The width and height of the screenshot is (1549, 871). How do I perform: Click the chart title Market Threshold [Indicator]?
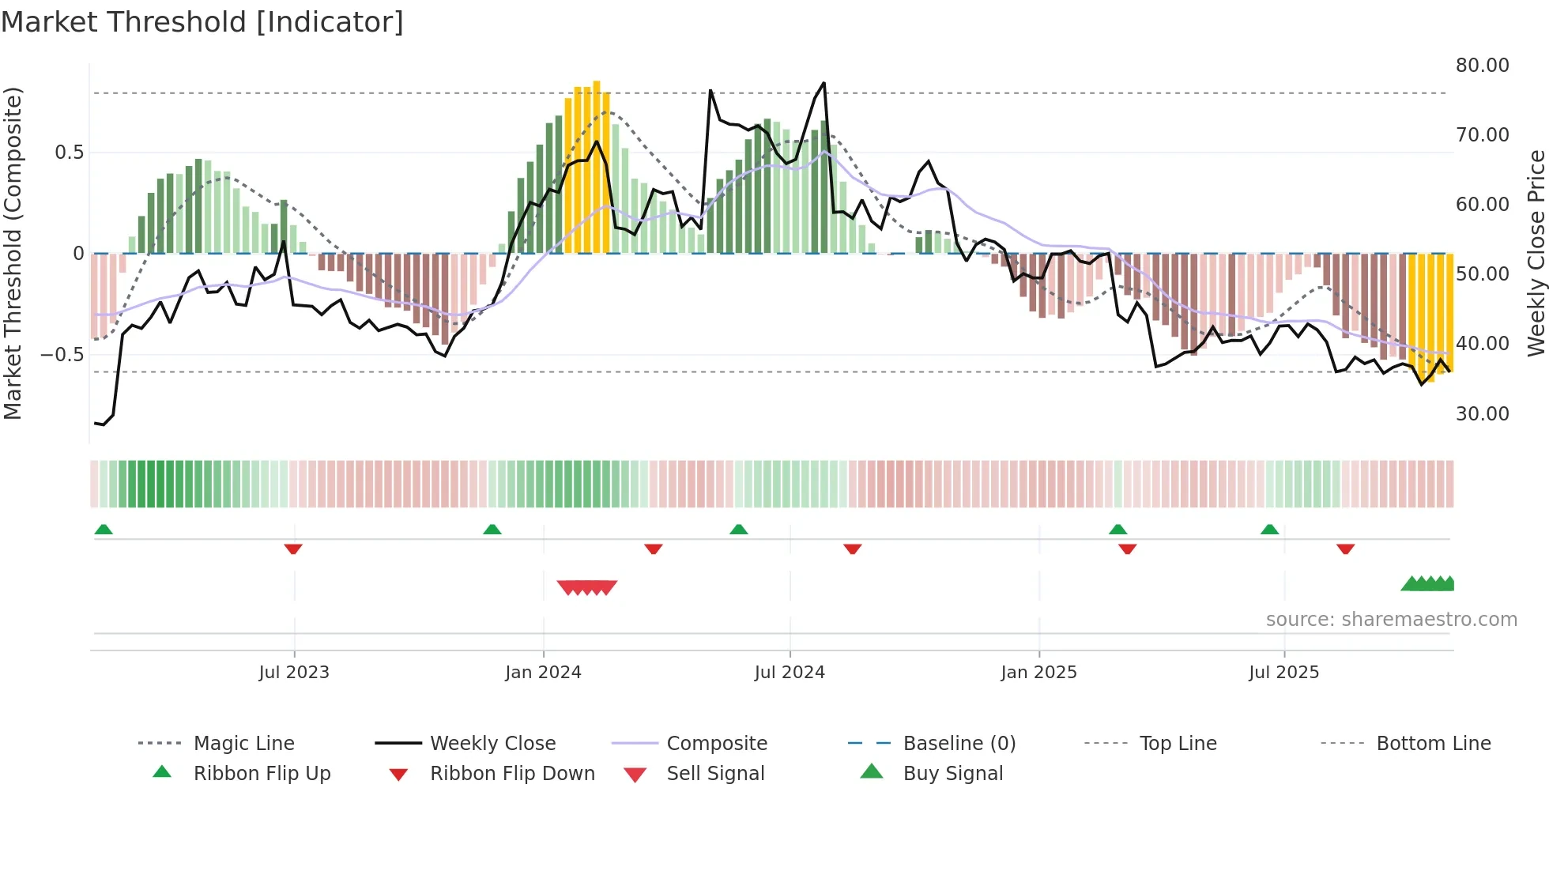202,22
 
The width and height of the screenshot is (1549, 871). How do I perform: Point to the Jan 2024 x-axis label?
543,673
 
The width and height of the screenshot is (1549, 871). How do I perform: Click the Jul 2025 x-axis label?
1283,673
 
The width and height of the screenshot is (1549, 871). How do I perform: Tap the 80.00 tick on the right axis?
1482,66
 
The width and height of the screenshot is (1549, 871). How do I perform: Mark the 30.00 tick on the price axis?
1482,414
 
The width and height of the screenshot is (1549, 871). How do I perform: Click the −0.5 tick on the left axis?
62,355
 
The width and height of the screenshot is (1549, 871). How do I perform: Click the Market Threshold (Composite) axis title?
13,253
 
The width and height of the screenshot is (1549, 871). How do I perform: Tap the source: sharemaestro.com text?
1391,620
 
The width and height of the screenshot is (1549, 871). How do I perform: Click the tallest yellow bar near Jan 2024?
597,166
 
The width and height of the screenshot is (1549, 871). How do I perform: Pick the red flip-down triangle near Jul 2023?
293,549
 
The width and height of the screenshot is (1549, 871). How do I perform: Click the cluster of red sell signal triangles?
586,587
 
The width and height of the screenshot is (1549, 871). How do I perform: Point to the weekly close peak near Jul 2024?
823,83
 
